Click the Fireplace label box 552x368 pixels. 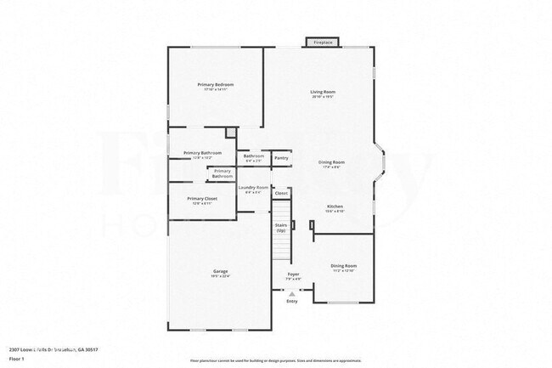tap(323, 42)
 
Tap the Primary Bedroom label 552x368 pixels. tap(216, 85)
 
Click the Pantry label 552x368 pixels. tap(281, 157)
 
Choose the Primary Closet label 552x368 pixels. tap(202, 198)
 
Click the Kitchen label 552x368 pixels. tap(335, 207)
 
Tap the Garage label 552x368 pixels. tap(220, 271)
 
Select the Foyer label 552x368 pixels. tap(293, 275)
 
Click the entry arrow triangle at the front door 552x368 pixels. tap(292, 293)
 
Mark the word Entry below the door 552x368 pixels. tap(292, 301)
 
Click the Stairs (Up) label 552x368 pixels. tap(280, 229)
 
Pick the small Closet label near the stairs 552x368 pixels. tap(281, 194)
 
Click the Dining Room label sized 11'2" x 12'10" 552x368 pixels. tap(343, 266)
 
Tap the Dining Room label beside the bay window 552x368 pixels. tap(331, 161)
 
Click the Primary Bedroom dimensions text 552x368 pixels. tap(216, 90)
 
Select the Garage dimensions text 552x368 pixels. tap(220, 276)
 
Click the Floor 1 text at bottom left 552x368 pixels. tap(18, 358)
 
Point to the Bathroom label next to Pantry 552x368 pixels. tap(254, 156)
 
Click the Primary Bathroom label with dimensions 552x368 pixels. tap(202, 153)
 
